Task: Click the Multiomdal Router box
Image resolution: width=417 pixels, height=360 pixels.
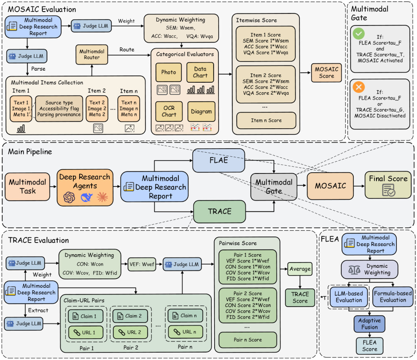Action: click(x=89, y=54)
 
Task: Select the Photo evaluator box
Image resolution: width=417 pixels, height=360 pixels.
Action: click(x=168, y=72)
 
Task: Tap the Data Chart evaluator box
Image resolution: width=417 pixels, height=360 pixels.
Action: click(x=200, y=72)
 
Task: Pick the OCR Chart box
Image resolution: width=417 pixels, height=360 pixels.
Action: click(x=169, y=111)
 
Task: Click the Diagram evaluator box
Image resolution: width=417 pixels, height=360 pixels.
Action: click(x=201, y=111)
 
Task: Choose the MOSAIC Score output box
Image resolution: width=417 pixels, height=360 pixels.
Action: click(x=326, y=73)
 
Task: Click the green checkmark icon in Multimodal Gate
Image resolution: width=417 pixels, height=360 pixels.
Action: click(x=358, y=34)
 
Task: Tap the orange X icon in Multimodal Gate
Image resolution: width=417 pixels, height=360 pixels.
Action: click(x=359, y=88)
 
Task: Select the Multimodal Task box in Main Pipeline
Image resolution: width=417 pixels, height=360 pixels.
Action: click(x=27, y=186)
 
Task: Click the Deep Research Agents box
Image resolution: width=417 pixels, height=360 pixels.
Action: click(x=85, y=187)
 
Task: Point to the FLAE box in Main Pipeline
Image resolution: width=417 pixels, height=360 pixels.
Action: click(x=219, y=160)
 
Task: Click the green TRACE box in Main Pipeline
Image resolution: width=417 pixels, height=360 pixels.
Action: click(x=219, y=211)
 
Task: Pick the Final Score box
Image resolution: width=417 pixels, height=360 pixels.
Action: click(x=388, y=185)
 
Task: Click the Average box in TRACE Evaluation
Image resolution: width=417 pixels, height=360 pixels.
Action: click(x=300, y=269)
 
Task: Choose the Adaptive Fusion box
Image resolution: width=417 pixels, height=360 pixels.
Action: click(x=370, y=324)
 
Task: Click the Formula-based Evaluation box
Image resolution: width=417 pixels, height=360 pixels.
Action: click(x=393, y=297)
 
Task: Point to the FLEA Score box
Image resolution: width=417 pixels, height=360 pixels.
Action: click(x=370, y=346)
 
